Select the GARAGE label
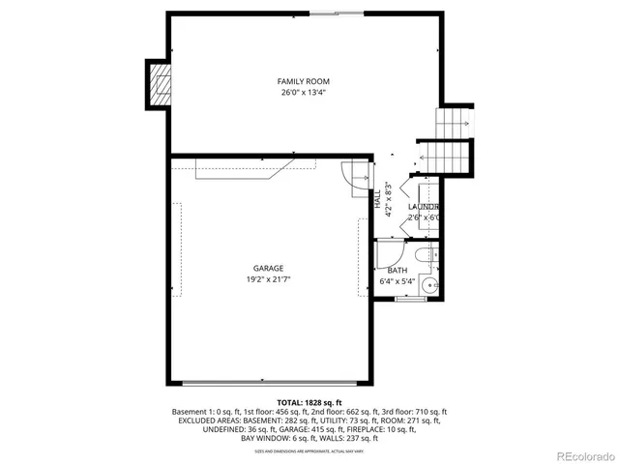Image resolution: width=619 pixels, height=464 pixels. (x=269, y=268)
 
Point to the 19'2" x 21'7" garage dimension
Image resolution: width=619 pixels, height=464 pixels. (x=269, y=279)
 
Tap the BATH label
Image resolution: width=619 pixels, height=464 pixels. (x=397, y=271)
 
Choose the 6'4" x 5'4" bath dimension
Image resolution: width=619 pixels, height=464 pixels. (x=397, y=282)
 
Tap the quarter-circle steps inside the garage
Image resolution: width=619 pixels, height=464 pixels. (x=358, y=175)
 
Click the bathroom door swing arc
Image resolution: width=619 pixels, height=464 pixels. (x=383, y=249)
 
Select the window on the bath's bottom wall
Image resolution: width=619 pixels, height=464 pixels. (x=410, y=300)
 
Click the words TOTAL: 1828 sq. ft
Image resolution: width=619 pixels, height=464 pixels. (x=309, y=401)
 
